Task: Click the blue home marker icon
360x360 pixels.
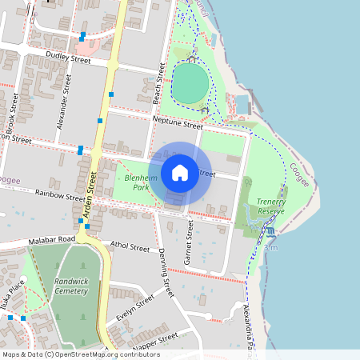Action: click(180, 172)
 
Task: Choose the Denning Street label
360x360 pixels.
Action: click(166, 273)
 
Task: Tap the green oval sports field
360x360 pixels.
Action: click(190, 82)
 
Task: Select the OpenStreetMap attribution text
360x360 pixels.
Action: click(81, 354)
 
